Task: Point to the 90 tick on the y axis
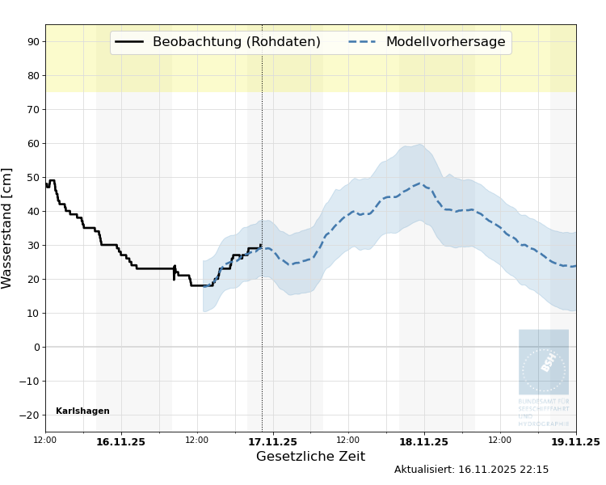[32, 41]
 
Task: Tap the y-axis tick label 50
[32, 177]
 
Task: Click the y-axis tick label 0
[36, 348]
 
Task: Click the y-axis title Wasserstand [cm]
[8, 228]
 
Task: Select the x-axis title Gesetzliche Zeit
[310, 457]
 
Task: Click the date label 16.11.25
[120, 442]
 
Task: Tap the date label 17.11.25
[272, 442]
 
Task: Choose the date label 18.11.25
[423, 442]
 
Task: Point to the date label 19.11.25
[575, 442]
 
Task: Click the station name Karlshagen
[82, 411]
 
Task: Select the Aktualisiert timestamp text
[471, 470]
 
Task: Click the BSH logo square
[544, 361]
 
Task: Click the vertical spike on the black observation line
[174, 272]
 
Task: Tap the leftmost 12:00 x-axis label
[45, 441]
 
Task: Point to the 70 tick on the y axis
[32, 109]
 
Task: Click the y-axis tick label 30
[32, 245]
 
